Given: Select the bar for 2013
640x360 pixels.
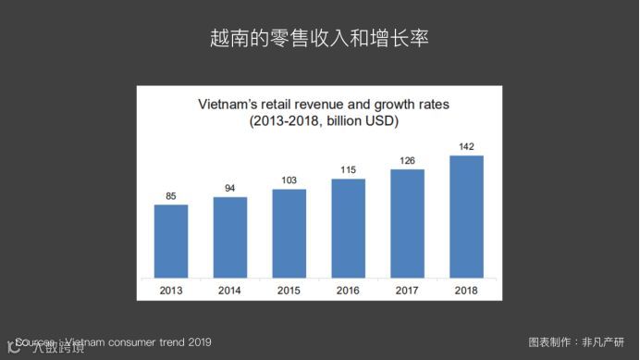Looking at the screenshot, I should coord(171,241).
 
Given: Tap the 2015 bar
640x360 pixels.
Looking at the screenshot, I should coord(289,232).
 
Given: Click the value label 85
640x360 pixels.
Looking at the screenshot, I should coord(171,195).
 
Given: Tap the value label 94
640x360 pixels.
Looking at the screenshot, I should coord(230,188).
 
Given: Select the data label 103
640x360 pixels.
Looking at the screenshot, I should coord(289,180).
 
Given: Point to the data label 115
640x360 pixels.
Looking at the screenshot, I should coord(349,170).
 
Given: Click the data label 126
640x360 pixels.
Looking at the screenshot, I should coord(407,160).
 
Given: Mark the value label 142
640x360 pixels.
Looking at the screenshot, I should coord(466,146).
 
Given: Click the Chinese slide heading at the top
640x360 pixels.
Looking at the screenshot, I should coord(319,40).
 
